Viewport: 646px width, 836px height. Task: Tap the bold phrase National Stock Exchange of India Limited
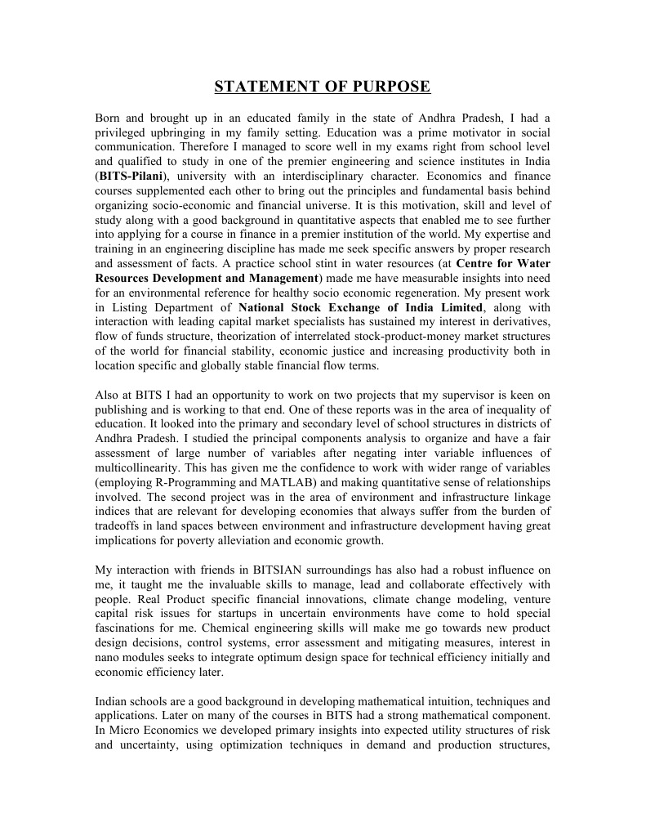point(361,307)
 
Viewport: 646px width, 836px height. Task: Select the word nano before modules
point(109,657)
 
